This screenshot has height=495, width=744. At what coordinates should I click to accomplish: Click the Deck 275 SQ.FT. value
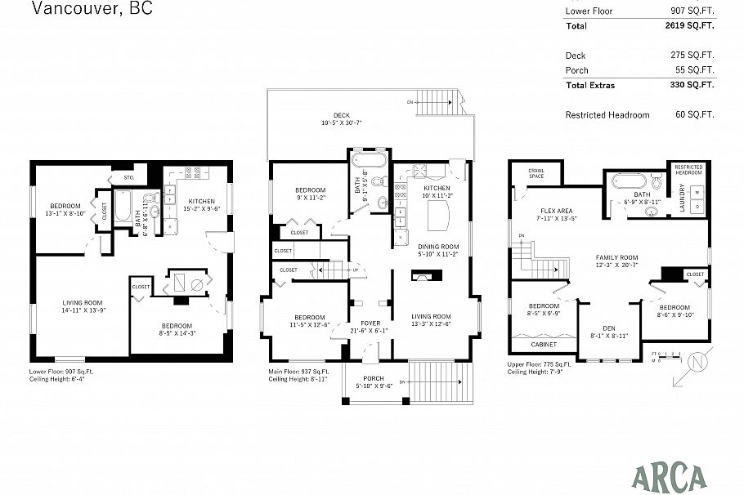click(x=692, y=56)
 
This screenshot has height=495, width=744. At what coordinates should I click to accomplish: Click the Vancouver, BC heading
click(x=92, y=10)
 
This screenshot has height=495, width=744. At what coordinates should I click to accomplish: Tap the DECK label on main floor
click(x=341, y=115)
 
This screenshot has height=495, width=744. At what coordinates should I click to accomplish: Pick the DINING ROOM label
click(x=438, y=246)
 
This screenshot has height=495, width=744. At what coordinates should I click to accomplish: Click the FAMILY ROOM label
click(x=616, y=257)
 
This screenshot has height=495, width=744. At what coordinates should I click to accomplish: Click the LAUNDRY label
click(x=683, y=202)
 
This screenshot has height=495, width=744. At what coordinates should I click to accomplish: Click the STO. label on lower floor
click(x=128, y=176)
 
